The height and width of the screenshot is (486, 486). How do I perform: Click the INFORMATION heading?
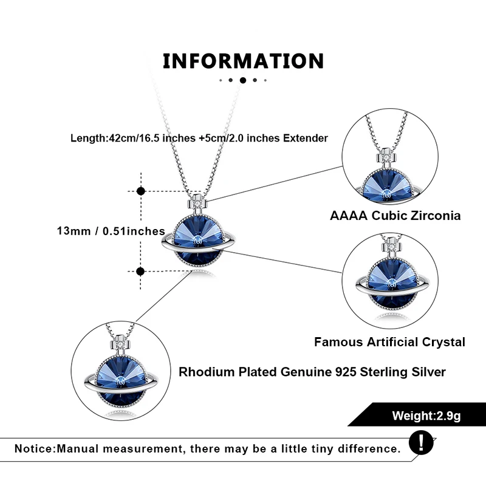[243, 61]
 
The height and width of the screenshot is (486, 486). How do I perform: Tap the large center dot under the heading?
[243, 80]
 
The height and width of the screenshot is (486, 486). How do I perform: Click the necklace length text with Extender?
[199, 138]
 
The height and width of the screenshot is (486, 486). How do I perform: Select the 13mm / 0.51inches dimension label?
[111, 231]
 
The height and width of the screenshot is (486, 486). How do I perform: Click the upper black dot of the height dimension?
[141, 191]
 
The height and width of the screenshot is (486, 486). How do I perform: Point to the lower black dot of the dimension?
[141, 271]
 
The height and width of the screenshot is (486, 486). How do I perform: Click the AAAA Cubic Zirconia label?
[395, 216]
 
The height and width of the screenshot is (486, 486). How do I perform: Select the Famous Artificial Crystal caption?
[389, 342]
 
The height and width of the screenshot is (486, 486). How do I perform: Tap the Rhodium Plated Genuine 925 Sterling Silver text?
[312, 372]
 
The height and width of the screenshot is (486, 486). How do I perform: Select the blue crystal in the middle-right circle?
[389, 285]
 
